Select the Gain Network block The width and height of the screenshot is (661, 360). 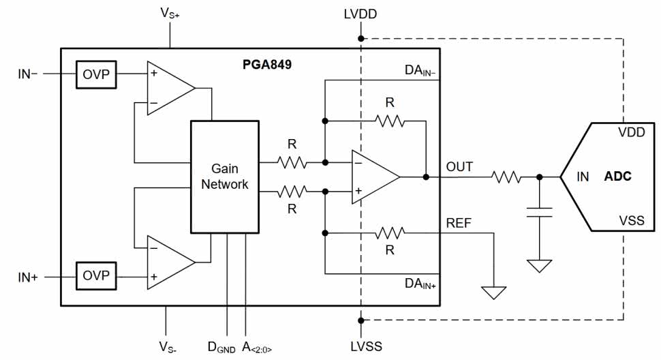pyautogui.click(x=225, y=176)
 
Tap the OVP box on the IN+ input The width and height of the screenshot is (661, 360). pyautogui.click(x=95, y=276)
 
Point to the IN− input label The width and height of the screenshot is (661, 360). pyautogui.click(x=28, y=73)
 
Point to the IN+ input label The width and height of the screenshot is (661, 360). pyautogui.click(x=28, y=277)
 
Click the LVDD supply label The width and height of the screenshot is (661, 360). pyautogui.click(x=361, y=14)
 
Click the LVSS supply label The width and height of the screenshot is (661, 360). pyautogui.click(x=361, y=345)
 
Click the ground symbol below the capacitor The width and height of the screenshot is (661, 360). pyautogui.click(x=539, y=265)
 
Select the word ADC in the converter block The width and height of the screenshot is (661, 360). pyautogui.click(x=617, y=177)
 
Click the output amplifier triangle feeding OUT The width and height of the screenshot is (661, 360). pyautogui.click(x=373, y=177)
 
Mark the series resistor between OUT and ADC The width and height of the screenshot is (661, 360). pyautogui.click(x=506, y=177)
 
